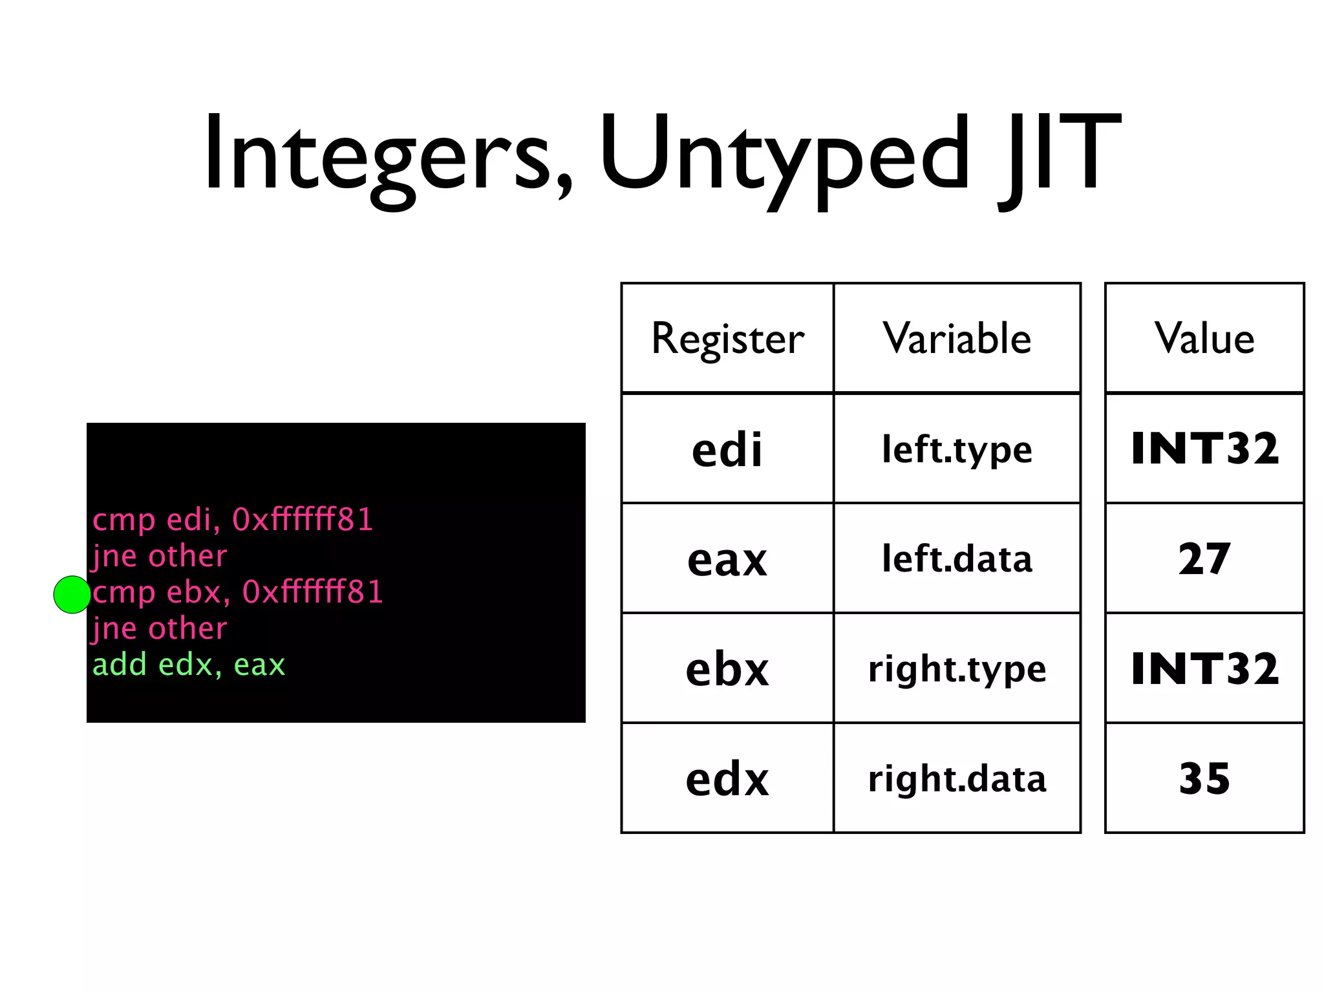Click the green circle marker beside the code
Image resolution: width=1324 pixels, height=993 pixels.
coord(72,594)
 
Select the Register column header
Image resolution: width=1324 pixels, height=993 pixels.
coord(727,338)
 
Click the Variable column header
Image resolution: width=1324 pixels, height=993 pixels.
coord(957,338)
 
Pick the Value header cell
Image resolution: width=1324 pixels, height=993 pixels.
coord(1204,338)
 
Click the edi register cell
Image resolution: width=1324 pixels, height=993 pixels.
coord(727,449)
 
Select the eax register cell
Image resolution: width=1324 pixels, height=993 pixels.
coord(727,559)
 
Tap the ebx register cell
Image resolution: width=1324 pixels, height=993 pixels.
coord(727,668)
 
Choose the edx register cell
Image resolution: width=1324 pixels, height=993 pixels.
coord(727,778)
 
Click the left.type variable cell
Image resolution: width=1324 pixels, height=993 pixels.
coord(957,449)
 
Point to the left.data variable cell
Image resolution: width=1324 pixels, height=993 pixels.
coord(957,559)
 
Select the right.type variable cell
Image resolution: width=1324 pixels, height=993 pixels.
coord(957,668)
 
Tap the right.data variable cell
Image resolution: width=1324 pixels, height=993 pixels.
coord(957,778)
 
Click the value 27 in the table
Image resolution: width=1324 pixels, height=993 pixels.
coord(1204,559)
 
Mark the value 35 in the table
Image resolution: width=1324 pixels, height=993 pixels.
coord(1204,778)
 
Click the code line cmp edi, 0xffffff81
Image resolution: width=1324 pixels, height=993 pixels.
coord(233,520)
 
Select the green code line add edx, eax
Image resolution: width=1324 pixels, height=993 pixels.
coord(189,665)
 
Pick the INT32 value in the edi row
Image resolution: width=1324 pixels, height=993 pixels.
coord(1204,449)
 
